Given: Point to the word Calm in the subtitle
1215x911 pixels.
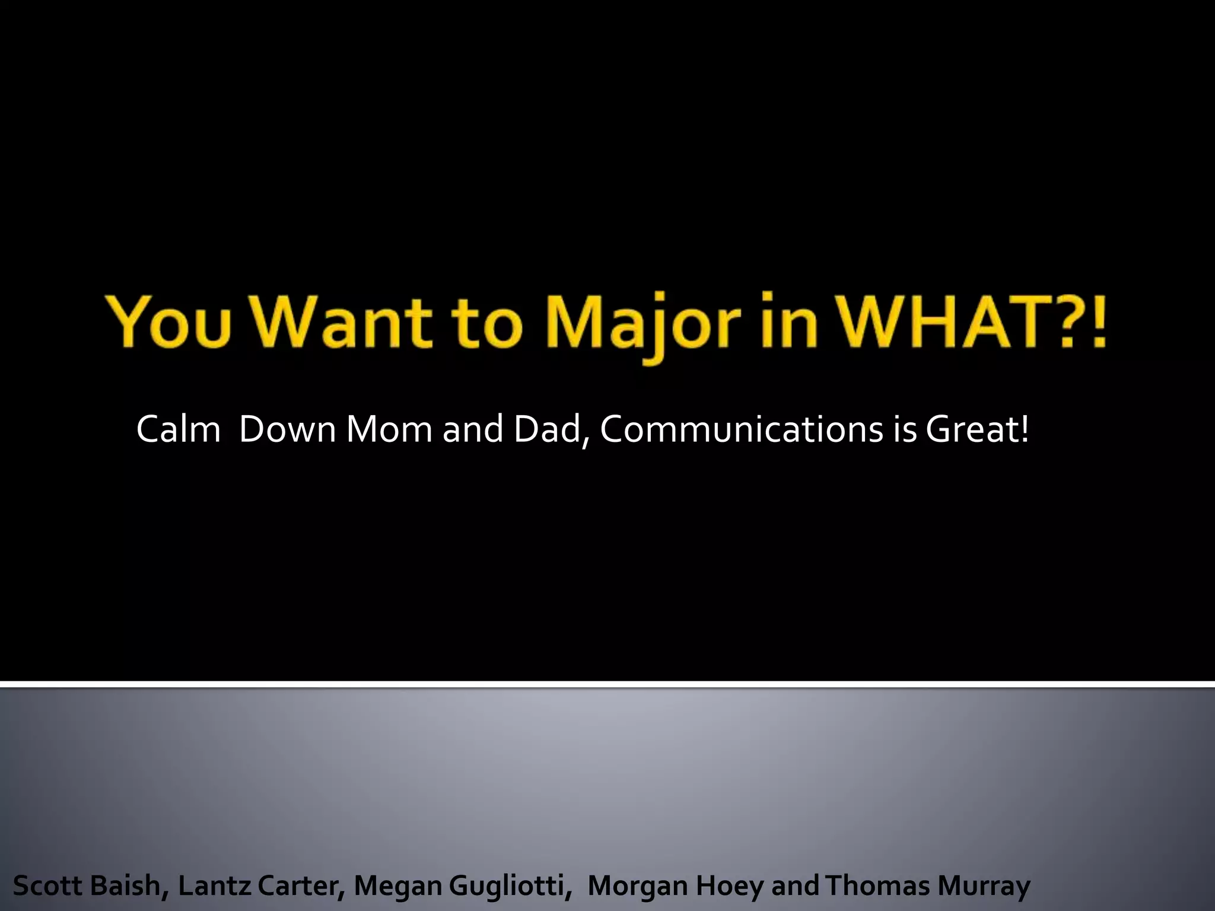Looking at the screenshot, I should pyautogui.click(x=179, y=429).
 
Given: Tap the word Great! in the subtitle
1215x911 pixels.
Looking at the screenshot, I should pyautogui.click(x=977, y=429).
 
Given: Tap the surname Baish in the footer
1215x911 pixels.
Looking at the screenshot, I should pyautogui.click(x=124, y=886).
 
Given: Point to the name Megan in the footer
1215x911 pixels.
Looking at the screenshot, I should pyautogui.click(x=398, y=886).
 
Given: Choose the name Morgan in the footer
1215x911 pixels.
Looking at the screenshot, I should pyautogui.click(x=638, y=886).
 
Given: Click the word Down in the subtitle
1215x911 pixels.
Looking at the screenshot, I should pyautogui.click(x=288, y=429).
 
